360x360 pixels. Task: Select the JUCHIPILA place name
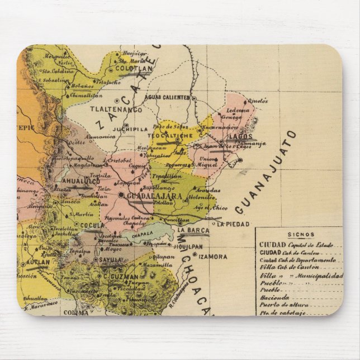click(131, 128)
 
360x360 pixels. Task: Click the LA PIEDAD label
click(233, 224)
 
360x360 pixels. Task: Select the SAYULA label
click(106, 260)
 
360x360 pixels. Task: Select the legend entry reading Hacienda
click(273, 299)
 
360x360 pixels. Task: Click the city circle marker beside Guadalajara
click(121, 195)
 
